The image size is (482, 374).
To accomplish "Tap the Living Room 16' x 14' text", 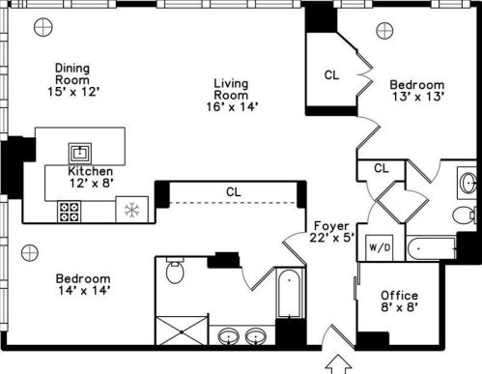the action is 232,95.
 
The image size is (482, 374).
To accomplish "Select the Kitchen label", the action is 91,171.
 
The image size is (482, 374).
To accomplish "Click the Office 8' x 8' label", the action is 399,302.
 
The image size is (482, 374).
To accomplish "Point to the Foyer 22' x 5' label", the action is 331,231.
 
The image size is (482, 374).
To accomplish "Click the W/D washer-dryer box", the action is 380,247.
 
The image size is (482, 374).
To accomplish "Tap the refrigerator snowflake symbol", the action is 131,210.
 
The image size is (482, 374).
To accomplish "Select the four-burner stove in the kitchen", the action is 70,212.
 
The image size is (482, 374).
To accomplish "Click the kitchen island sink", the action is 80,153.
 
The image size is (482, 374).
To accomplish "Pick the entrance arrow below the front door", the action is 338,364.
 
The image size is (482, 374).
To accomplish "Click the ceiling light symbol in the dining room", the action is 43,27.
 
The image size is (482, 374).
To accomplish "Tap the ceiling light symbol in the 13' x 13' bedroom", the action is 384,31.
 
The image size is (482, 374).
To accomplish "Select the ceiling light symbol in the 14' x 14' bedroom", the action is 30,252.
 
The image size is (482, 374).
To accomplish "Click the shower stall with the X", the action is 182,331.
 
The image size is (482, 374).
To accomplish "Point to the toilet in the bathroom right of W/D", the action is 465,215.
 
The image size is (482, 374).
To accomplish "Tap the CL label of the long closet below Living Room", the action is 234,192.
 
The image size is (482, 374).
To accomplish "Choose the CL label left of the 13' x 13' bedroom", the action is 331,75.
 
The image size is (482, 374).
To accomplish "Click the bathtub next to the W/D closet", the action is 432,248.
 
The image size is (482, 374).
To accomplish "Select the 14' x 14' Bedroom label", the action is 83,284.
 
